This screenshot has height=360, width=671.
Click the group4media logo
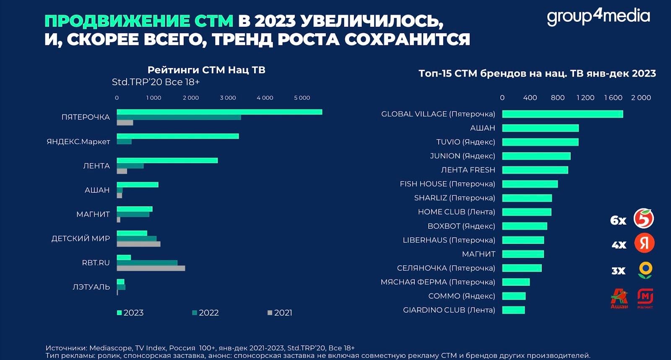[598, 17]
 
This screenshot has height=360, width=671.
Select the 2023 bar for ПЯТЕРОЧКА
[219, 112]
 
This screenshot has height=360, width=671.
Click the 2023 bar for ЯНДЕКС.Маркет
[177, 136]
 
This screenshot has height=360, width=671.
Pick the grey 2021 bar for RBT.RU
[151, 268]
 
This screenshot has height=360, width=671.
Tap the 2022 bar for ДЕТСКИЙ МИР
[136, 238]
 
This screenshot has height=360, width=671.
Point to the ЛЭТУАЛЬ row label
[91, 287]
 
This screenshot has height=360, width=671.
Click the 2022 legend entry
[205, 313]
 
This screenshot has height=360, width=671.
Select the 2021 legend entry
[280, 313]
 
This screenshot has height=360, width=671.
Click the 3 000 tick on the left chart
[228, 98]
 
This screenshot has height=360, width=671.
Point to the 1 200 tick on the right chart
[585, 98]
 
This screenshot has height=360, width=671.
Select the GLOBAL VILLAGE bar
[562, 114]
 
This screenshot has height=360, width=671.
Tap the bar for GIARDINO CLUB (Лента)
[513, 310]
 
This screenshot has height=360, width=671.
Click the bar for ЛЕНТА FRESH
[535, 170]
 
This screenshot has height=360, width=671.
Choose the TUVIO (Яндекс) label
[466, 142]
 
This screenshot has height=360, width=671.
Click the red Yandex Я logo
[644, 243]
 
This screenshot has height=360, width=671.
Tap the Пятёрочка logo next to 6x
[644, 218]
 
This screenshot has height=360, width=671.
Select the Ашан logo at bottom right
[619, 298]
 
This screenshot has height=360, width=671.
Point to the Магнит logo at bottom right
[645, 298]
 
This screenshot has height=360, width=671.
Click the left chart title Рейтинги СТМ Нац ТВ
[206, 70]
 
